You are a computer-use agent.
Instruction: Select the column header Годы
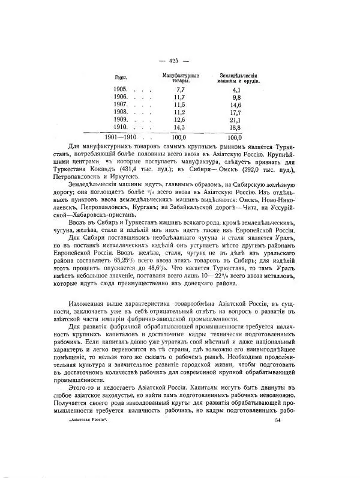(x=120, y=77)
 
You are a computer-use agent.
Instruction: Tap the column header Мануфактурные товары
(x=180, y=77)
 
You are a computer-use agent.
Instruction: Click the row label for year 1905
(x=121, y=88)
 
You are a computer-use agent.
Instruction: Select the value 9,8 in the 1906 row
(x=236, y=96)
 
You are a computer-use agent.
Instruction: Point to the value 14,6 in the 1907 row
(x=235, y=104)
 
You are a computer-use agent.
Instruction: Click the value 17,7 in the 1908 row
(x=235, y=112)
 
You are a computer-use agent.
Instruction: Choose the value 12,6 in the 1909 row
(x=179, y=119)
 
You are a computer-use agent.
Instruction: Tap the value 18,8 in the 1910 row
(x=235, y=127)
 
